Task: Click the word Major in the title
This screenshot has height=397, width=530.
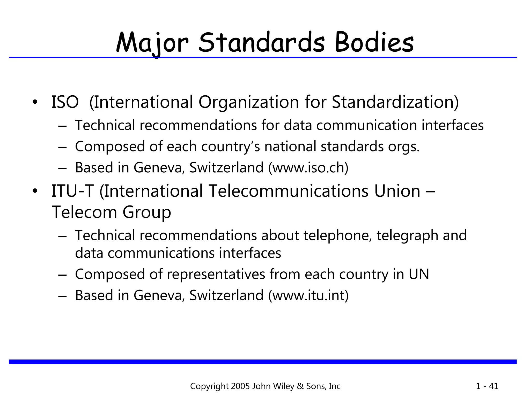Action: (x=152, y=43)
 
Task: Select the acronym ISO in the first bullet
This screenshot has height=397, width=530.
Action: (x=65, y=102)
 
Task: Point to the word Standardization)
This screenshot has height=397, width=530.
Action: (x=395, y=102)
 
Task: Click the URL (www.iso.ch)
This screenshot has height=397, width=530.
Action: (x=308, y=167)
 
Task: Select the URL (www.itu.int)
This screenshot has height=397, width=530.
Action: (x=308, y=295)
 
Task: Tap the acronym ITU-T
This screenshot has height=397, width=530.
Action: (x=72, y=191)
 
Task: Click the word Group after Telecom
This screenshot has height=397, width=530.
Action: (x=147, y=212)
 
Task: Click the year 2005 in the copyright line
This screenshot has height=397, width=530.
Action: (x=240, y=386)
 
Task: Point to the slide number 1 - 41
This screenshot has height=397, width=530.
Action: (x=487, y=386)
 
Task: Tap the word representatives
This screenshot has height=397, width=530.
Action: (x=216, y=274)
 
